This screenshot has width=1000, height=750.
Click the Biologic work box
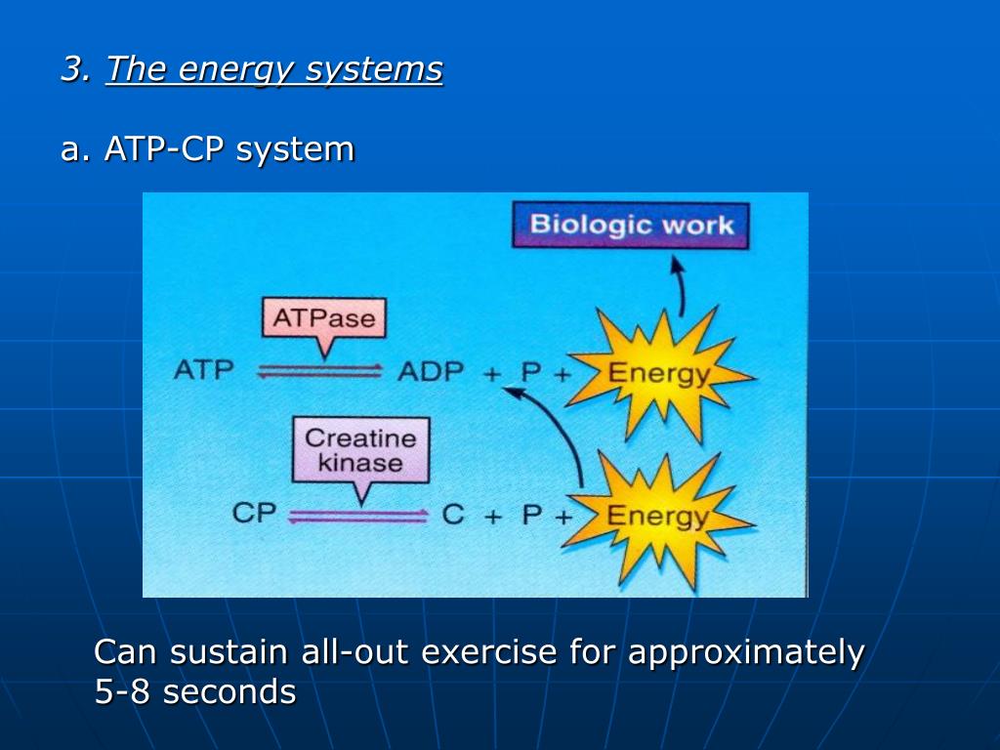(630, 226)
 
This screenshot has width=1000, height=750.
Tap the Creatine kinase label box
(360, 450)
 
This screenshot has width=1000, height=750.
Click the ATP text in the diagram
(203, 371)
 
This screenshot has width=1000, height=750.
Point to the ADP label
(430, 372)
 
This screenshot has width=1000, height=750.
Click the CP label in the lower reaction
(255, 513)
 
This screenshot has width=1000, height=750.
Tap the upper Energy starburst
(658, 374)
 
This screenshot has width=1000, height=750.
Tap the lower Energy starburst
(658, 517)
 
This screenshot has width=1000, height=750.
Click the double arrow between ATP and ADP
(319, 371)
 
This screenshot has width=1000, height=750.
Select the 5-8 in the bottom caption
(123, 691)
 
